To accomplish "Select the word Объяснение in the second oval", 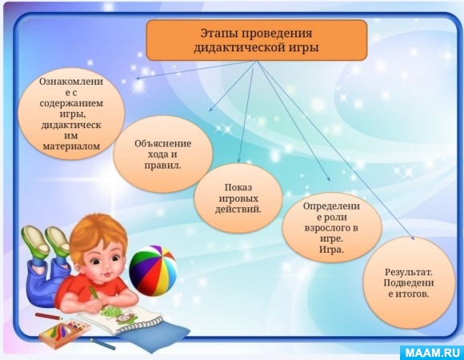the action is click(x=162, y=144).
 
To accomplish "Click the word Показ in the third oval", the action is click(x=238, y=187).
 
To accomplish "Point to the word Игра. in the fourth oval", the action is click(x=331, y=250).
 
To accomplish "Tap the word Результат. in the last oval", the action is click(x=409, y=272).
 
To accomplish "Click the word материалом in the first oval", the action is click(x=71, y=146).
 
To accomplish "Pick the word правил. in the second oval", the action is click(x=162, y=166).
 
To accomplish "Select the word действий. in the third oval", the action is click(x=238, y=210).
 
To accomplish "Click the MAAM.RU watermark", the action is click(x=432, y=353).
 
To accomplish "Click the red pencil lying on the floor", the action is click(x=49, y=316).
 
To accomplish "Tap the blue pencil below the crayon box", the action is click(x=102, y=344).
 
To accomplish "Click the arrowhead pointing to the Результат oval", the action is click(x=412, y=236).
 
